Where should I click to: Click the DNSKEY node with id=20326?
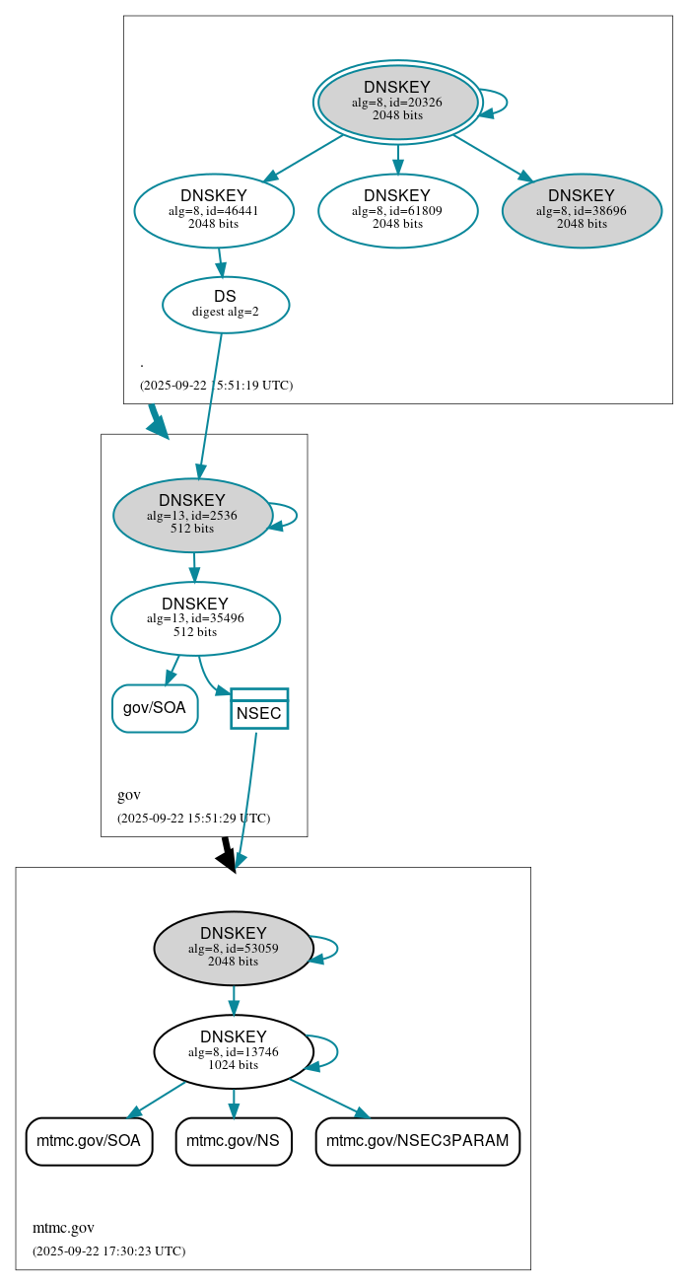coord(397,102)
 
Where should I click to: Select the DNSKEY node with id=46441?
coord(214,210)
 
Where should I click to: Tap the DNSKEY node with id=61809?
coord(397,210)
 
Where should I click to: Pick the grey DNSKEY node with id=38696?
coord(582,210)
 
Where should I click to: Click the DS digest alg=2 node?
coord(225,305)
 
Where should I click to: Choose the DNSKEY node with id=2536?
coord(192,515)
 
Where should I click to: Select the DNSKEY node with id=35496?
coord(195,618)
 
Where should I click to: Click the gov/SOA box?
coord(155,708)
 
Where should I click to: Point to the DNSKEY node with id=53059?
coord(234,948)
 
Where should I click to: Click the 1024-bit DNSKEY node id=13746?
coord(234,1051)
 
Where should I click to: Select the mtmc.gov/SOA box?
coord(89,1141)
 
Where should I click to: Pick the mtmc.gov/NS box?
coord(234,1141)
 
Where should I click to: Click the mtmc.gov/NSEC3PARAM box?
coord(417,1141)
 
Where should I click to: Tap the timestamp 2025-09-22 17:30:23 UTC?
coord(108,1250)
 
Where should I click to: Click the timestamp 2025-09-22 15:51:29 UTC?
coord(193,818)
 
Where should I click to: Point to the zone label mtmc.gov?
coord(63,1228)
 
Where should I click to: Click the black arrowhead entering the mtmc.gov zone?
coord(228,859)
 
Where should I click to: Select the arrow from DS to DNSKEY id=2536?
coord(210,404)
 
